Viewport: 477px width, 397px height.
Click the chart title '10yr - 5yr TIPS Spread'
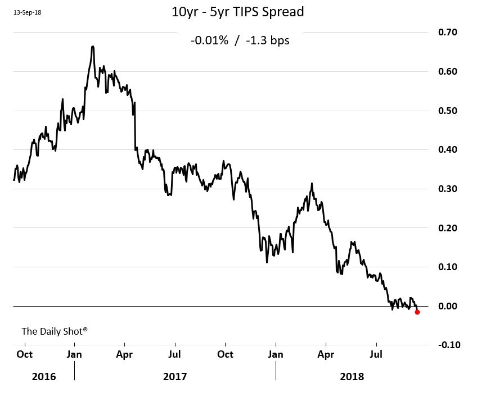point(237,12)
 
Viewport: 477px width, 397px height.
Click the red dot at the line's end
point(417,312)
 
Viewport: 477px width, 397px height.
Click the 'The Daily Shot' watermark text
point(54,331)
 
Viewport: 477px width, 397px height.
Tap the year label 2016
point(44,376)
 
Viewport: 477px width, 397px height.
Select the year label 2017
point(175,376)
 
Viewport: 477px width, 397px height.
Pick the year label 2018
point(352,376)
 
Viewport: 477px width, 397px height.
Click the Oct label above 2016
point(24,354)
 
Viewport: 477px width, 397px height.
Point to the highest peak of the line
point(92,47)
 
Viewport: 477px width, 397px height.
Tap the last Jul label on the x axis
point(376,354)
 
